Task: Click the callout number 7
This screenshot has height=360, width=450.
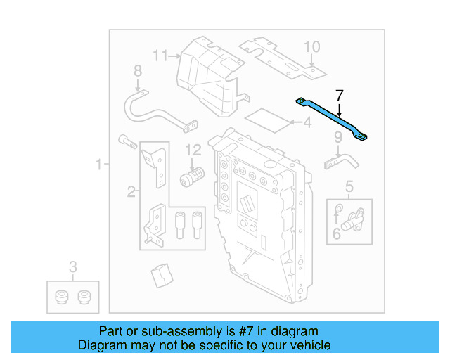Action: pos(340,95)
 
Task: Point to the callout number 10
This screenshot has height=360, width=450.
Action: pos(311,47)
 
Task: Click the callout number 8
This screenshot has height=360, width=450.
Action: pos(138,70)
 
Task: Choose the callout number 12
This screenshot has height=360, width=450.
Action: pos(193,149)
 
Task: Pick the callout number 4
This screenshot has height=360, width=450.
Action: pos(306,124)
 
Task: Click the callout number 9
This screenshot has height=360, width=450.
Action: pos(337,136)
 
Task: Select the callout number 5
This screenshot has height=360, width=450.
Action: pos(349,186)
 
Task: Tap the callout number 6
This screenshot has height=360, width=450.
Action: pos(337,232)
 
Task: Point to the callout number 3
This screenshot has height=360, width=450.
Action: pos(73,266)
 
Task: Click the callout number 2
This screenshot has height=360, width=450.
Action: pos(131,191)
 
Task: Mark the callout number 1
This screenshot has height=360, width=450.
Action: pos(99,165)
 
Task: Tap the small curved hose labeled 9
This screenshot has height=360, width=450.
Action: pos(340,161)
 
